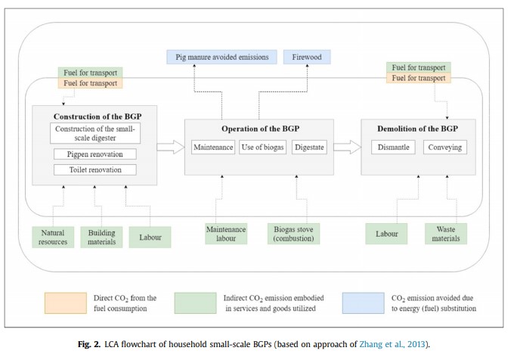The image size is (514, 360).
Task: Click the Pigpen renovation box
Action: [95, 154]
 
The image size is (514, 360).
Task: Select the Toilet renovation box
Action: [95, 170]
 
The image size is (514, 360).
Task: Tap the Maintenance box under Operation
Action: [213, 147]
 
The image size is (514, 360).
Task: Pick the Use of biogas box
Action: [262, 147]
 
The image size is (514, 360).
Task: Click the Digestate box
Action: [309, 147]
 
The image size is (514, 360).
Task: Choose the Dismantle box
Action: [393, 147]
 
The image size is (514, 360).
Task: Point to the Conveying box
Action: [444, 147]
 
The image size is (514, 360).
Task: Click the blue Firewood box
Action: [307, 57]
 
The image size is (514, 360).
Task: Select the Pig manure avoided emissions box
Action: [222, 57]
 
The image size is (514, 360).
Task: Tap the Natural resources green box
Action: [53, 237]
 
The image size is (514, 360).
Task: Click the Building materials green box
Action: [101, 237]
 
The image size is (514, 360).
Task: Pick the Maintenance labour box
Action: [226, 234]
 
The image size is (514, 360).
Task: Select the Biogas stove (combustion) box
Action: [293, 234]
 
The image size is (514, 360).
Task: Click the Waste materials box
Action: [446, 234]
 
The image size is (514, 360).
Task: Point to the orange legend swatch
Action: [66, 303]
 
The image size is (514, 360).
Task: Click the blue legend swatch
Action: [364, 303]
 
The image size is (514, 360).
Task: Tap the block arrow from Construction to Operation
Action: [171, 147]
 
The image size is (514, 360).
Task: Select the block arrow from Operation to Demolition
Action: [348, 147]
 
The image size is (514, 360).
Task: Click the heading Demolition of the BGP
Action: [417, 129]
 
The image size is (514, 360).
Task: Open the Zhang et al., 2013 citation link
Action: [392, 344]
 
